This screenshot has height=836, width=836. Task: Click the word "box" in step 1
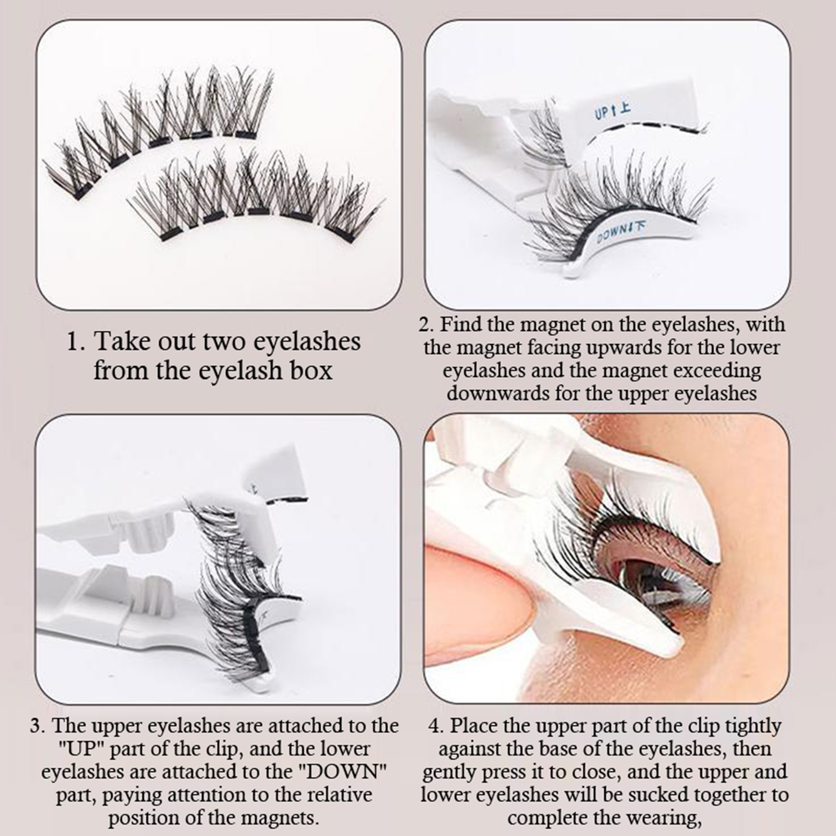(x=312, y=370)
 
